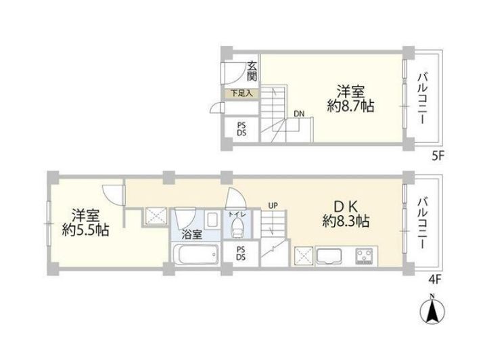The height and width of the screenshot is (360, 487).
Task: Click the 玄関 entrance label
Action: [252, 71]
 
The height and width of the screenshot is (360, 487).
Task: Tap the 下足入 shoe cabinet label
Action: [242, 93]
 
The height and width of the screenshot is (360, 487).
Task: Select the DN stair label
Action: [299, 114]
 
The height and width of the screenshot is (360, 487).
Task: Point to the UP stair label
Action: [273, 205]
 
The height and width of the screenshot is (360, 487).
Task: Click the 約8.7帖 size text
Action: [350, 106]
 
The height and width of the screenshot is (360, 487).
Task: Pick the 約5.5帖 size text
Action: [85, 229]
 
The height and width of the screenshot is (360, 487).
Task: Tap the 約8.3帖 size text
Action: [346, 221]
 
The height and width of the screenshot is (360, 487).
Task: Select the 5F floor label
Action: [438, 156]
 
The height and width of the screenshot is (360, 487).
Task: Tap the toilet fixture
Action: [237, 227]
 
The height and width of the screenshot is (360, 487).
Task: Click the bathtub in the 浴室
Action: [195, 254]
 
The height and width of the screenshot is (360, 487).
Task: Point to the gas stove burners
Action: [365, 256]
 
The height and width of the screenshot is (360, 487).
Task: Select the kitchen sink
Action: [329, 256]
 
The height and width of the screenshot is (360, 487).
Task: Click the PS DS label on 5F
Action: [241, 129]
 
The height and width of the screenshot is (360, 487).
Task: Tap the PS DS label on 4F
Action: [241, 253]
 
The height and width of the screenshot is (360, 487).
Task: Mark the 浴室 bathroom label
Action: [192, 235]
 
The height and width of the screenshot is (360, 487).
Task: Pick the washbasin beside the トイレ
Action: [213, 219]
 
